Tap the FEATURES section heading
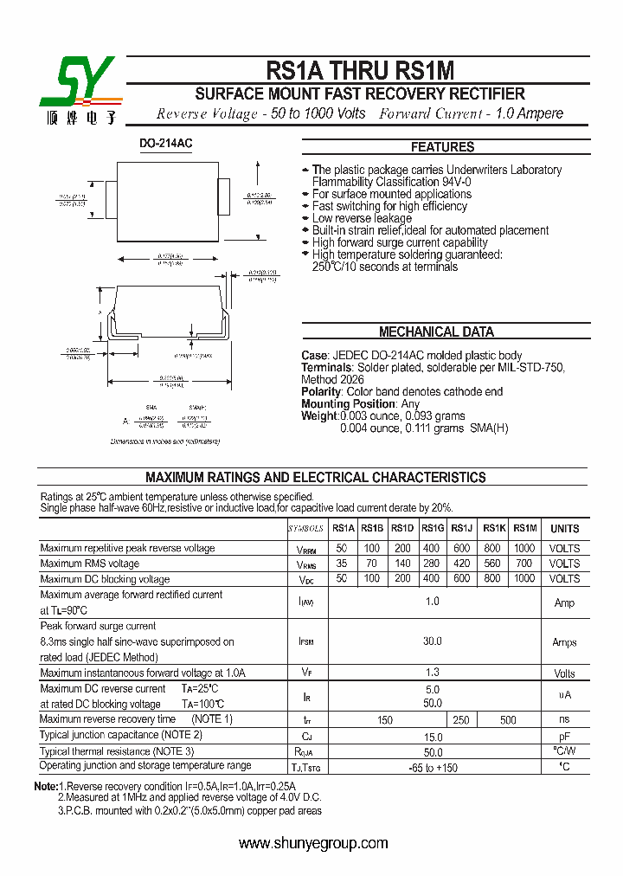click(x=442, y=147)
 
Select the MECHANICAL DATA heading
click(x=436, y=332)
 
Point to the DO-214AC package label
click(x=166, y=144)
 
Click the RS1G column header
click(x=432, y=529)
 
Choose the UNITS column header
click(x=564, y=529)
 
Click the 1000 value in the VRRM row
click(x=524, y=548)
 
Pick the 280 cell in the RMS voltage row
click(x=432, y=564)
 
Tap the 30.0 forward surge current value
click(x=432, y=641)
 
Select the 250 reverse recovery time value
click(x=461, y=720)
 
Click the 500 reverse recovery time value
click(x=508, y=720)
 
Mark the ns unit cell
click(x=564, y=719)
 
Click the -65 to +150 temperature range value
click(x=432, y=767)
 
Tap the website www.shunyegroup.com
click(x=313, y=843)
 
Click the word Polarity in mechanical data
click(x=322, y=392)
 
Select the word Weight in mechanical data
click(x=319, y=416)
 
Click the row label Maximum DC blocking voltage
click(x=105, y=579)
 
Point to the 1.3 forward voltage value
click(x=432, y=673)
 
